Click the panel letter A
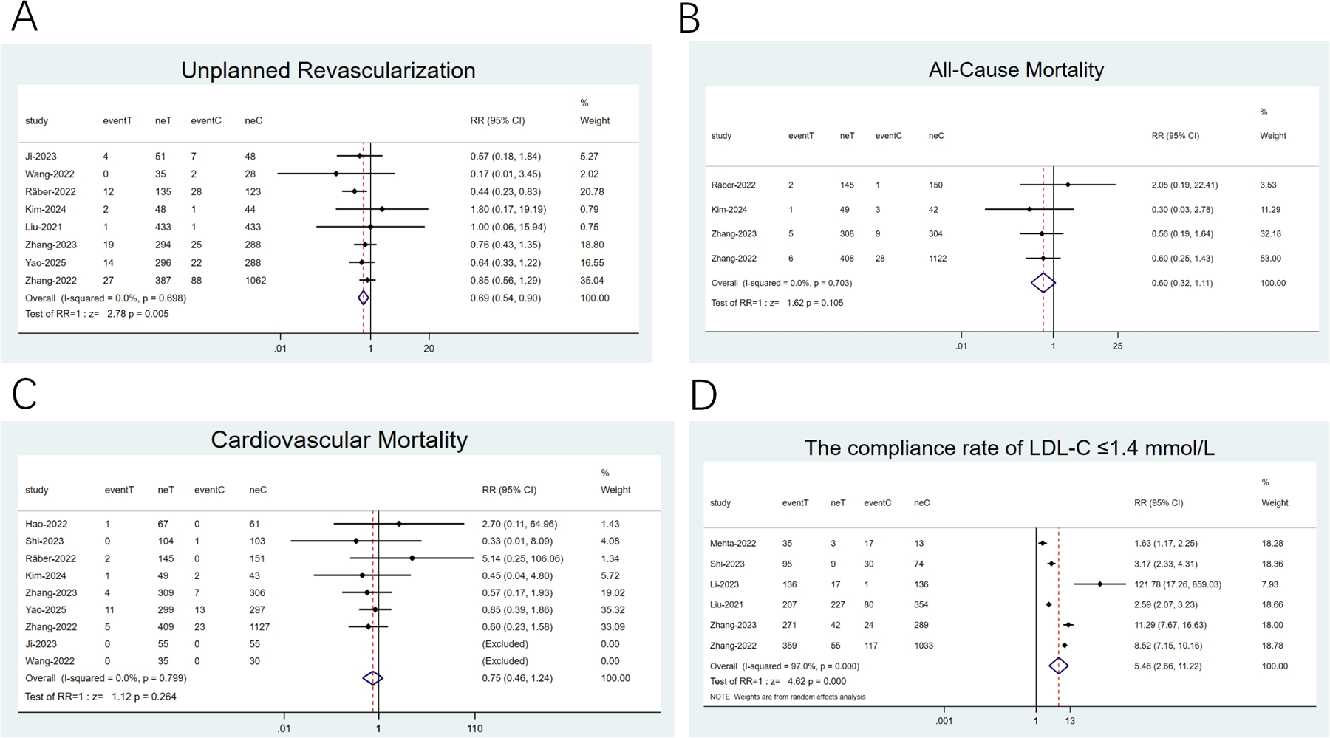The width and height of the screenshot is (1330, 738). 24,17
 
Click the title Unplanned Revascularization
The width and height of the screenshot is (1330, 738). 328,70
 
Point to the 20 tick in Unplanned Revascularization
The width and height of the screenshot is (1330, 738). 429,349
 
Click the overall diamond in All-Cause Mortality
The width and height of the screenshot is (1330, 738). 1043,283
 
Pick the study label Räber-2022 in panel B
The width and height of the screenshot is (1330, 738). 734,185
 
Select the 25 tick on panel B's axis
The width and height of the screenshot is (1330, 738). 1117,346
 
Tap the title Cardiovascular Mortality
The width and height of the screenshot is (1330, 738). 339,440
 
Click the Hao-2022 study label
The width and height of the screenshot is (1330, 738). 46,524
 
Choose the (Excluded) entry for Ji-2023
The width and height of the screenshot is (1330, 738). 505,644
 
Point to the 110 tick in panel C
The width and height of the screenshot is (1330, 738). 474,728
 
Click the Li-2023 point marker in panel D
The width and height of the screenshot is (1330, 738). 1099,584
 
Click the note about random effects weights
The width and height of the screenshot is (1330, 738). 788,697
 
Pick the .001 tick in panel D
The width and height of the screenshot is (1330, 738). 944,721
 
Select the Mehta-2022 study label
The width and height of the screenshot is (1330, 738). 733,544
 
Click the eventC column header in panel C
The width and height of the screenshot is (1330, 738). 209,490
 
